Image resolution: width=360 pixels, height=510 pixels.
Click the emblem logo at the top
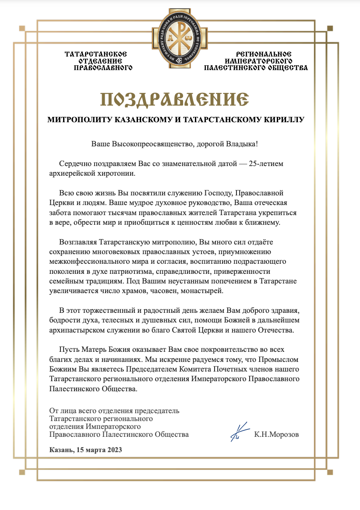tap(180, 38)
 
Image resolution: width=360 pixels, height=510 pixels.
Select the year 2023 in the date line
tap(114, 450)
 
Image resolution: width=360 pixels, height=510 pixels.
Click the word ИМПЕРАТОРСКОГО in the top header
tap(258, 61)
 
